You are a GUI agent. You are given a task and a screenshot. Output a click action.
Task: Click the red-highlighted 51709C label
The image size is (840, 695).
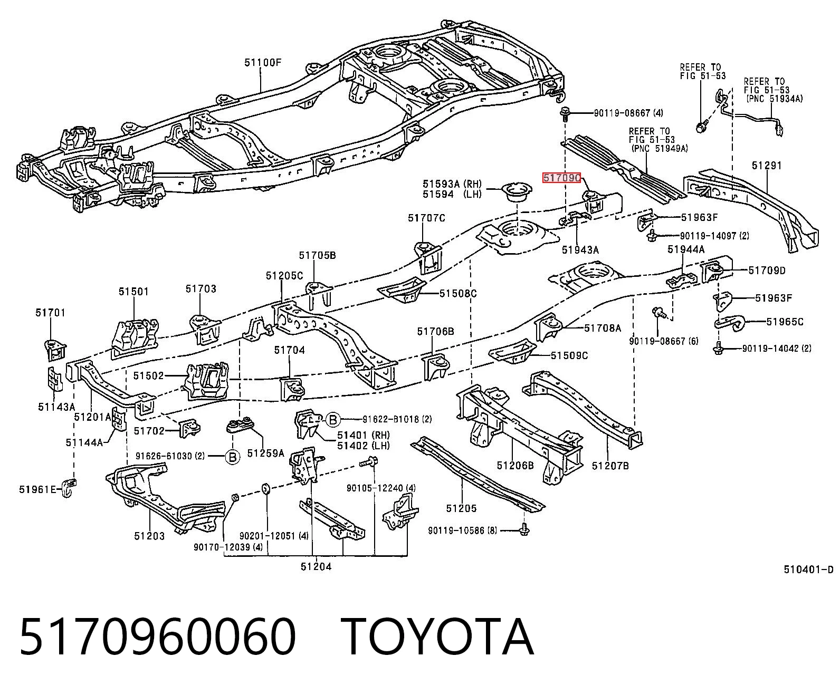click(561, 177)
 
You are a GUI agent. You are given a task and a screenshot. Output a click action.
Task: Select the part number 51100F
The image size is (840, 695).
click(263, 62)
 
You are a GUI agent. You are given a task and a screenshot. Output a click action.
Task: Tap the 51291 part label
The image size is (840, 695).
click(767, 165)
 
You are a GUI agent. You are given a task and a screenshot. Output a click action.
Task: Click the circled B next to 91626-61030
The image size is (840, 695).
click(232, 457)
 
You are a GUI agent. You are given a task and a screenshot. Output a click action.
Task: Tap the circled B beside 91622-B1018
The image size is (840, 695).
click(333, 420)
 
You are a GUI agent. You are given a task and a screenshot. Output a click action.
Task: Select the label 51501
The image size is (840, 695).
click(133, 291)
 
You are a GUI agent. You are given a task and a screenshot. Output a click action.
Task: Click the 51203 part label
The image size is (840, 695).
click(149, 536)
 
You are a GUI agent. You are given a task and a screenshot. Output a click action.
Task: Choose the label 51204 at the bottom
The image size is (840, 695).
click(316, 567)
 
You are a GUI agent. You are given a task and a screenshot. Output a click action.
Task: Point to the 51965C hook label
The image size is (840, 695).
click(785, 322)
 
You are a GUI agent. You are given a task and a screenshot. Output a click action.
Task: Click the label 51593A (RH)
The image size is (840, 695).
click(452, 184)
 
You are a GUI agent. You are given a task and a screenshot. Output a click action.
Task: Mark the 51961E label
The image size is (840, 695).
click(38, 489)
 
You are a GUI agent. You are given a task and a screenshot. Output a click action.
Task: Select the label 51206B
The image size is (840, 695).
click(516, 465)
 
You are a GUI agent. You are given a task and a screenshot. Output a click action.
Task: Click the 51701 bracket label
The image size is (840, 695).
click(50, 313)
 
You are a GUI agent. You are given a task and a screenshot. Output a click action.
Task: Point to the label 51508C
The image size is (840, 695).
click(458, 293)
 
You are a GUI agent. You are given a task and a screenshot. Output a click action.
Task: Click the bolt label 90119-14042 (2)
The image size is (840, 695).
click(777, 349)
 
